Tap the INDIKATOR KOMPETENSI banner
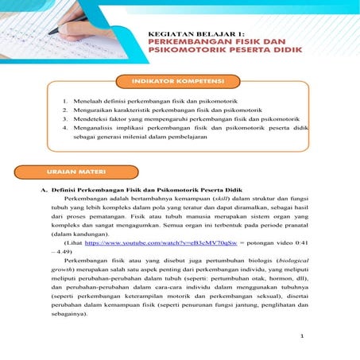tap(179, 82)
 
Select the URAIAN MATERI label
tap(83, 172)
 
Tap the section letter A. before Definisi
tap(45, 191)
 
